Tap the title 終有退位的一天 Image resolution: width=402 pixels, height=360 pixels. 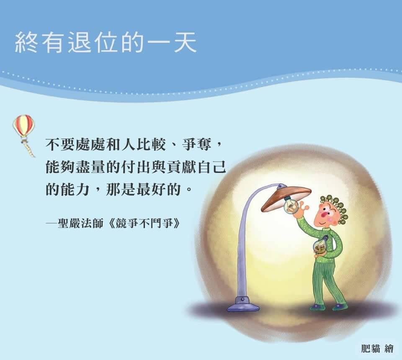point(106,43)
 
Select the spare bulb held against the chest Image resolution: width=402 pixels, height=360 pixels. point(320,245)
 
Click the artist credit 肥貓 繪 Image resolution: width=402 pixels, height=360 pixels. point(377,349)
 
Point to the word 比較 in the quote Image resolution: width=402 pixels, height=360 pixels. point(151,145)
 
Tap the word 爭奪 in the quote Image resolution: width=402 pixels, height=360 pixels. point(197,145)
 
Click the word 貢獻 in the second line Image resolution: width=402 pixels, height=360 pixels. point(181,167)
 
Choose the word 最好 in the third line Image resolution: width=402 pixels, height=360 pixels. point(151,190)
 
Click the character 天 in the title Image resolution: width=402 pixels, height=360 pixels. point(186,43)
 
